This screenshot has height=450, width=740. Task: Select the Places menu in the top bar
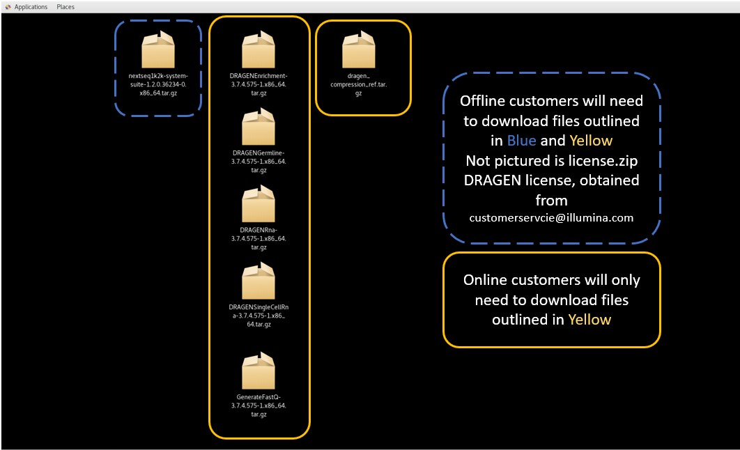[65, 7]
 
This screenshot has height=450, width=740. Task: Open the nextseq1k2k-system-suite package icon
[158, 50]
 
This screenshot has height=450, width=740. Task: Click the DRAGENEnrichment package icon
[259, 51]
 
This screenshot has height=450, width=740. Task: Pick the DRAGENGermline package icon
[259, 127]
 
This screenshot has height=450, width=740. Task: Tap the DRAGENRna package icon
[259, 204]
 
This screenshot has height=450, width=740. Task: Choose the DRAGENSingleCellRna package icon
[259, 281]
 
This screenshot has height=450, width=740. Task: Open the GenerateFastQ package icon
[259, 372]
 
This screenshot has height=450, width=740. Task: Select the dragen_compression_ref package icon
[359, 51]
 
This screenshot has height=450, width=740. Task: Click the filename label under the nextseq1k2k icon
[158, 84]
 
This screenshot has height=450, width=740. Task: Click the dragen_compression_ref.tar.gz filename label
[359, 84]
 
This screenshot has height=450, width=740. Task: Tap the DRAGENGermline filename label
[259, 161]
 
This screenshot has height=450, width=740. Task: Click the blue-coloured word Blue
[521, 141]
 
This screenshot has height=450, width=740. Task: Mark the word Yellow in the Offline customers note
[592, 141]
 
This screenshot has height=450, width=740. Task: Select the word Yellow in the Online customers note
[589, 320]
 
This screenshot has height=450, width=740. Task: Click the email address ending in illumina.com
[551, 218]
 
